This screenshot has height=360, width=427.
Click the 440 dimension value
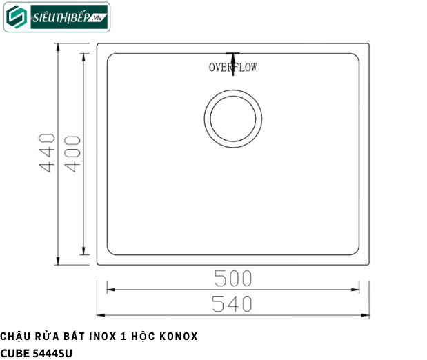click(x=47, y=153)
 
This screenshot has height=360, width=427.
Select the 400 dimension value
click(x=72, y=153)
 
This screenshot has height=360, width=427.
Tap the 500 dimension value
click(x=233, y=278)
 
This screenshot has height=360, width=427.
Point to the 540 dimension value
click(x=233, y=304)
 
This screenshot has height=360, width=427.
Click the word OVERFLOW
click(x=233, y=68)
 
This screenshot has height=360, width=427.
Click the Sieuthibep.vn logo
click(x=57, y=17)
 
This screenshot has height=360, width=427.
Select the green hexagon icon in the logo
click(x=17, y=18)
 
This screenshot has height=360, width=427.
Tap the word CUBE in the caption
click(x=15, y=352)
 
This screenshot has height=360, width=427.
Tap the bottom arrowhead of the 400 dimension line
click(x=83, y=252)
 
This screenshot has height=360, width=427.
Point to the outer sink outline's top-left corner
click(x=97, y=44)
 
